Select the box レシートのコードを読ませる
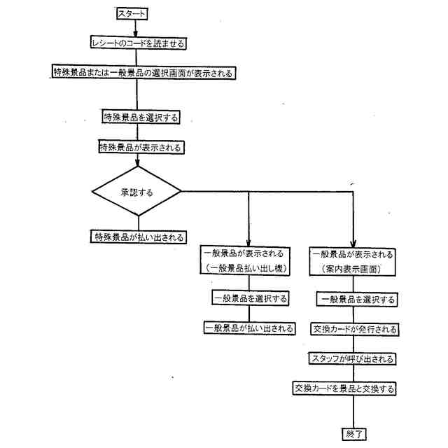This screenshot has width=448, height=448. (x=137, y=43)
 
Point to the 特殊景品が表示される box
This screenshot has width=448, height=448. (x=141, y=147)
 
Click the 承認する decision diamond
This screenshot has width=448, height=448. (x=138, y=190)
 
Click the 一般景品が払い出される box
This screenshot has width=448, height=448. (x=249, y=328)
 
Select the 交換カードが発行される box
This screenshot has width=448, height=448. (x=355, y=329)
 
